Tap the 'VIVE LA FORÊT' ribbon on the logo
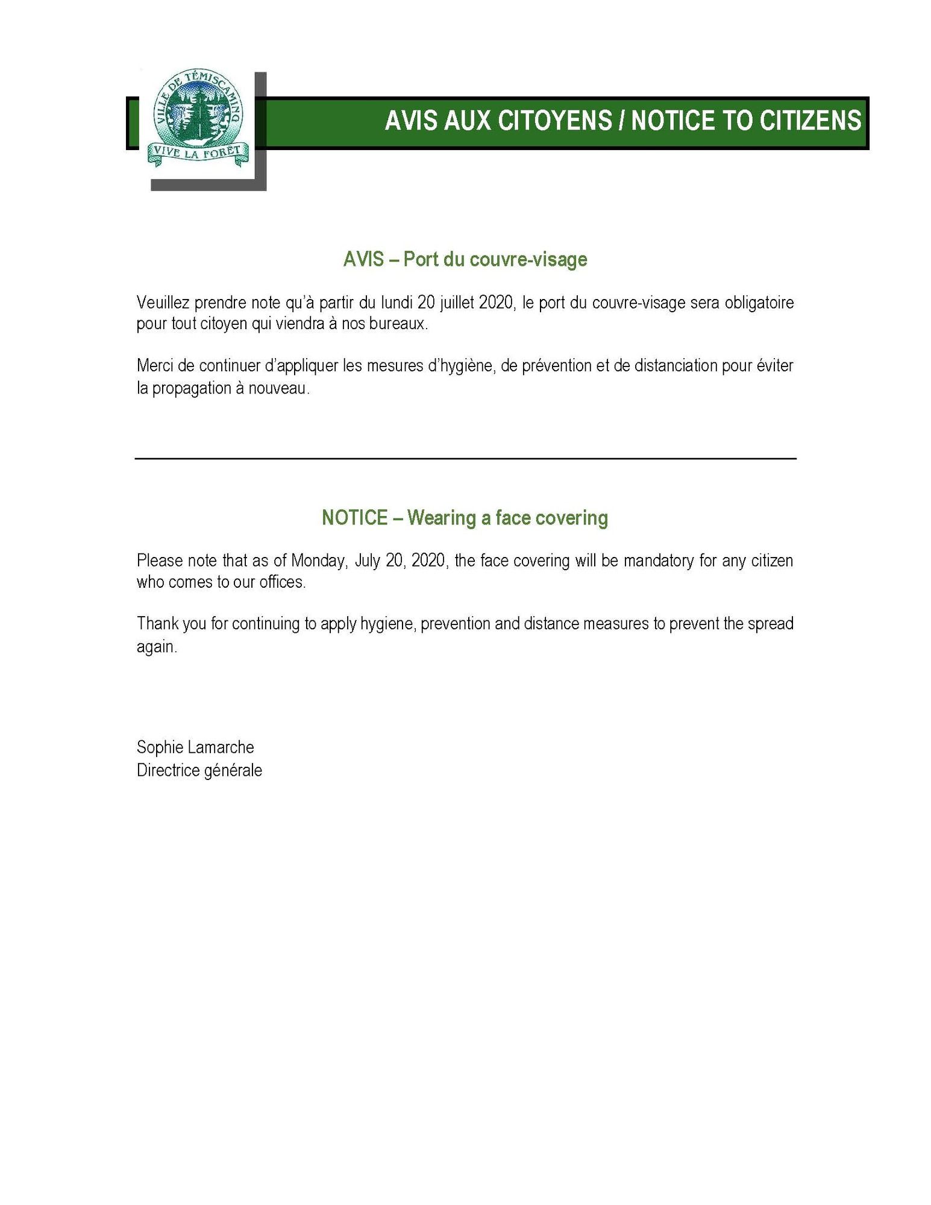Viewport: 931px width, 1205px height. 198,153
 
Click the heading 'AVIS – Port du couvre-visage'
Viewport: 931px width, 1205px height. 465,259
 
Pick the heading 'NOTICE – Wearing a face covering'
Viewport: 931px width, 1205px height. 465,518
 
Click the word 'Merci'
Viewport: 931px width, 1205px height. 155,365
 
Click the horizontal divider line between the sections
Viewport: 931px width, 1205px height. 465,459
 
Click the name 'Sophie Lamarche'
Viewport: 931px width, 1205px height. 195,747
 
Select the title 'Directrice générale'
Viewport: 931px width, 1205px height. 199,770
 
